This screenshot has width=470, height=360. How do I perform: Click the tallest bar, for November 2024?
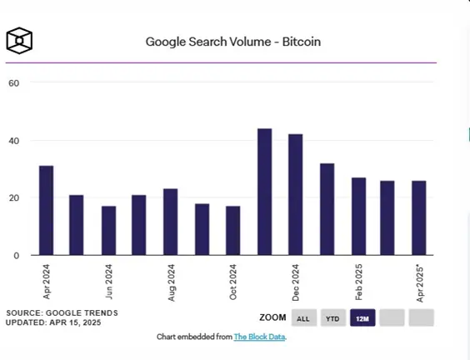(265, 192)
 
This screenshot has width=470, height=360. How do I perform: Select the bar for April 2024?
(47, 211)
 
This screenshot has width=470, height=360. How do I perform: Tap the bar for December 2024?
(296, 194)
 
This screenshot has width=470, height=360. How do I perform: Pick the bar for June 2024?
(109, 231)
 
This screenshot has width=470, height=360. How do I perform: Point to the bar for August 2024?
(171, 222)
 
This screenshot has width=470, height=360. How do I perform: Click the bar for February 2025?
(359, 217)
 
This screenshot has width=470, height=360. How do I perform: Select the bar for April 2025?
(419, 218)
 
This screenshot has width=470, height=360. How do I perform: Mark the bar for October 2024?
(232, 231)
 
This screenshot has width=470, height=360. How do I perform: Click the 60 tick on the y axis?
(14, 83)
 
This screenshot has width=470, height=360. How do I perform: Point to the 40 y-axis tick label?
(14, 141)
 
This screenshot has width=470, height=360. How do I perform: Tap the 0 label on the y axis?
(16, 256)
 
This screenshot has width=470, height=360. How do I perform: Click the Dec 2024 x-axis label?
(296, 282)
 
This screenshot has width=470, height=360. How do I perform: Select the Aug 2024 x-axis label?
(171, 282)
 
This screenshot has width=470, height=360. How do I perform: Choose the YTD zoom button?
(333, 317)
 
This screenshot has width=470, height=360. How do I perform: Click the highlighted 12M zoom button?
(362, 317)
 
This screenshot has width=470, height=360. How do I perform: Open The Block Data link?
(259, 337)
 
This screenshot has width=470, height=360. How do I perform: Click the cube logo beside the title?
(19, 41)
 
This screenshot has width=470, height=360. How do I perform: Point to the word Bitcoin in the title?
(302, 42)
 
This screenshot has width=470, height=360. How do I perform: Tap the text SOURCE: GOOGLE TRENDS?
(62, 313)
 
